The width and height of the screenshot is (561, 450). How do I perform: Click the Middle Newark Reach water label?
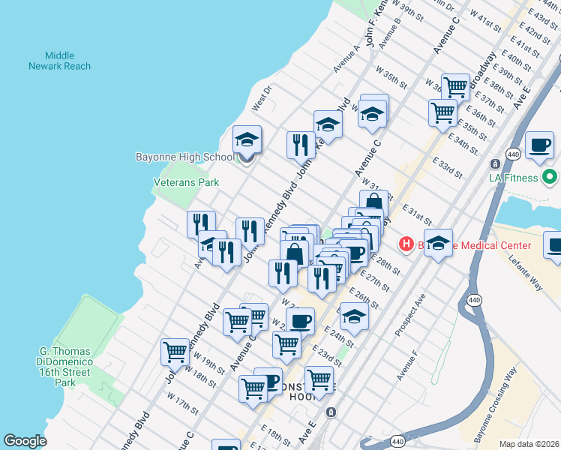(x=59, y=61)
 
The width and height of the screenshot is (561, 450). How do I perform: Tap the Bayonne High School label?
(x=184, y=157)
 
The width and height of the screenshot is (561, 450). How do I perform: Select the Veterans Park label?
(x=186, y=181)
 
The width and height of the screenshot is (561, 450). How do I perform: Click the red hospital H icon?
(x=406, y=244)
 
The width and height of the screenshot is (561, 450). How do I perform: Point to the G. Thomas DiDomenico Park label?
(x=65, y=367)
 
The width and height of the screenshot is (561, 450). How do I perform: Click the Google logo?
(x=25, y=441)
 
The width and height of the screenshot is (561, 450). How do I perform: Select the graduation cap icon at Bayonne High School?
(x=247, y=139)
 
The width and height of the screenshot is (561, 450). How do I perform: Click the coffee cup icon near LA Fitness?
(x=538, y=145)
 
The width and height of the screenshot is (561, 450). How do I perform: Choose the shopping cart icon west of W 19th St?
(x=175, y=351)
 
